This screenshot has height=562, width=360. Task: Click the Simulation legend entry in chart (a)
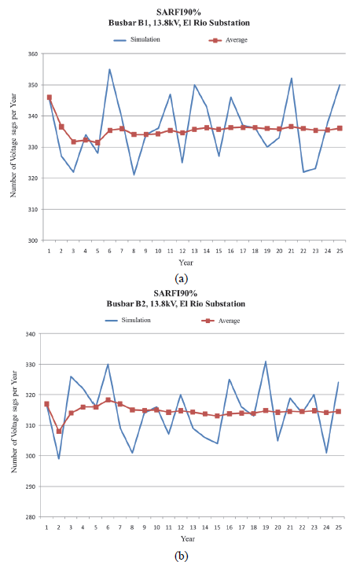pyautogui.click(x=139, y=39)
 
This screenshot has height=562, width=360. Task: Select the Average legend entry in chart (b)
pyautogui.click(x=230, y=321)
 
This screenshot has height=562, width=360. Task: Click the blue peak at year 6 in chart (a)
pyautogui.click(x=109, y=69)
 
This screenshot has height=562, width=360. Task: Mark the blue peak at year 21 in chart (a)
pyautogui.click(x=292, y=78)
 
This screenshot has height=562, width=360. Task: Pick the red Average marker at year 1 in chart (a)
pyautogui.click(x=49, y=97)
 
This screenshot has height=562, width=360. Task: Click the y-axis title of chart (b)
pyautogui.click(x=15, y=425)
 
